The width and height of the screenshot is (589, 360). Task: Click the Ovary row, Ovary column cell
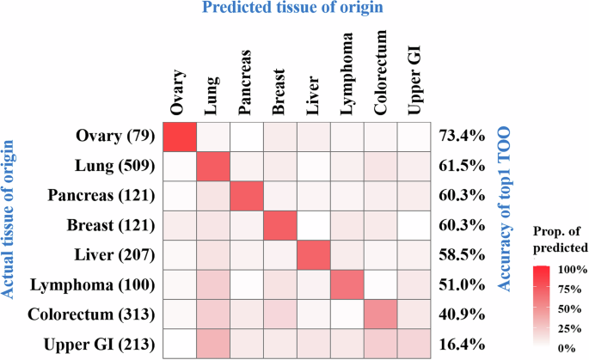(181, 137)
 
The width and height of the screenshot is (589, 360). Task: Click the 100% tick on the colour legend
(570, 269)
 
